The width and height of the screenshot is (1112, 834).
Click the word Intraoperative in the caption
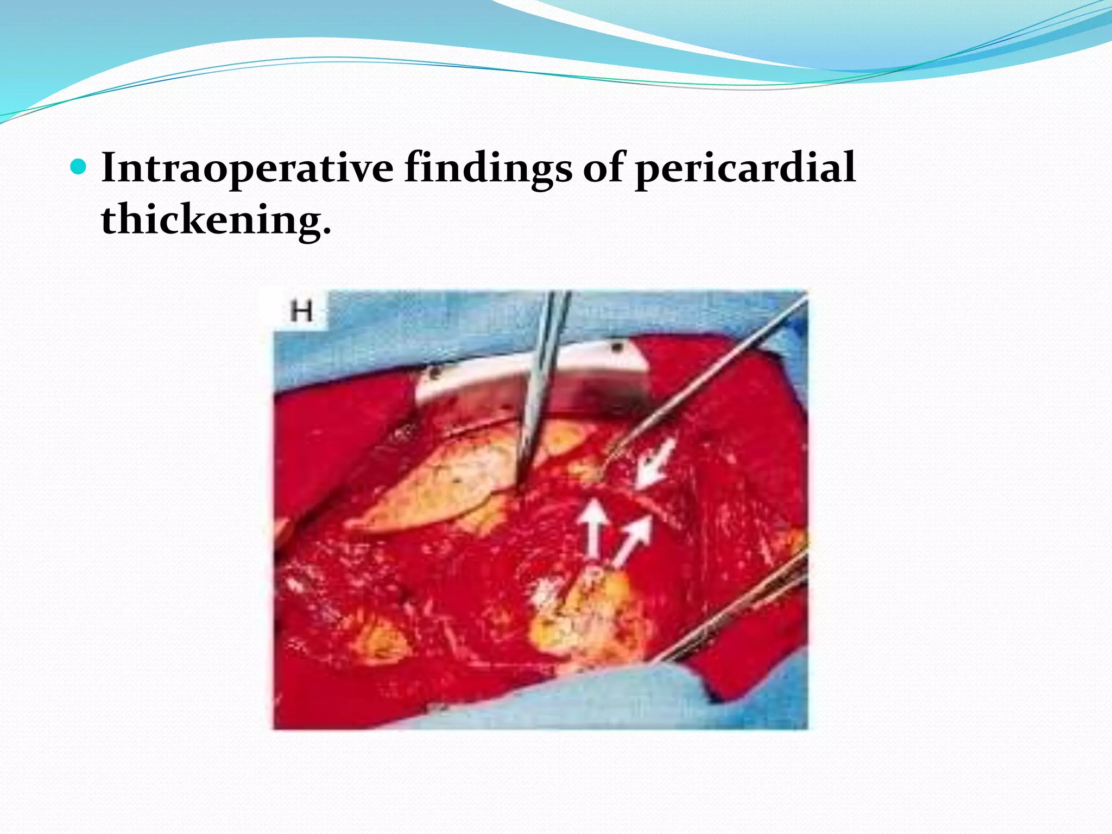click(247, 168)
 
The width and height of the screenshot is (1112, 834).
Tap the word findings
click(488, 168)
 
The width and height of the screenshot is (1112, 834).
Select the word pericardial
click(745, 168)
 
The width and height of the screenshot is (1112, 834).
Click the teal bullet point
click(79, 166)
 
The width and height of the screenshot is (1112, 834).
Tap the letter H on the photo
click(301, 311)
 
